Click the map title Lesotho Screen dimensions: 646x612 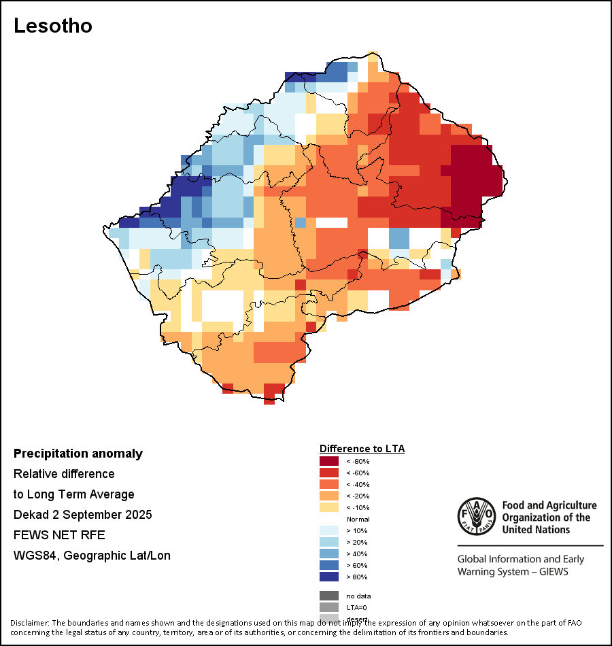53,27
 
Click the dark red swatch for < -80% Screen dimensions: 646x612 328,461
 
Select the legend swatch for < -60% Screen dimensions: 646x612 328,473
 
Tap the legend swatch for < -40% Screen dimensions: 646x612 328,484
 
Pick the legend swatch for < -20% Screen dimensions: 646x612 328,496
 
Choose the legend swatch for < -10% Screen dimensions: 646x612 328,507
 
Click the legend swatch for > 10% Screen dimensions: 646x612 328,530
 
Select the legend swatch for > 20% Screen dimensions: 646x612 328,542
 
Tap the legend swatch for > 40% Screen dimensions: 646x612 328,554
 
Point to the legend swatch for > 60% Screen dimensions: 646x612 328,565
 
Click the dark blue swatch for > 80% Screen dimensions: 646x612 328,577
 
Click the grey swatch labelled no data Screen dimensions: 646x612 328,596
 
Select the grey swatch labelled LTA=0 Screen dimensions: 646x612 328,607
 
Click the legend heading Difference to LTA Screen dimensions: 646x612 362,449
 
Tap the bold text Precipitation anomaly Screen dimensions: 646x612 78,454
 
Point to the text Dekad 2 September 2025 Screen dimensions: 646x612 82,515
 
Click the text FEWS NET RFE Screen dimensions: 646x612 59,535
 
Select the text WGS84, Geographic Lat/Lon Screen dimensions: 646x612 92,556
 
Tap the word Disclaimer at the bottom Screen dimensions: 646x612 29,622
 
